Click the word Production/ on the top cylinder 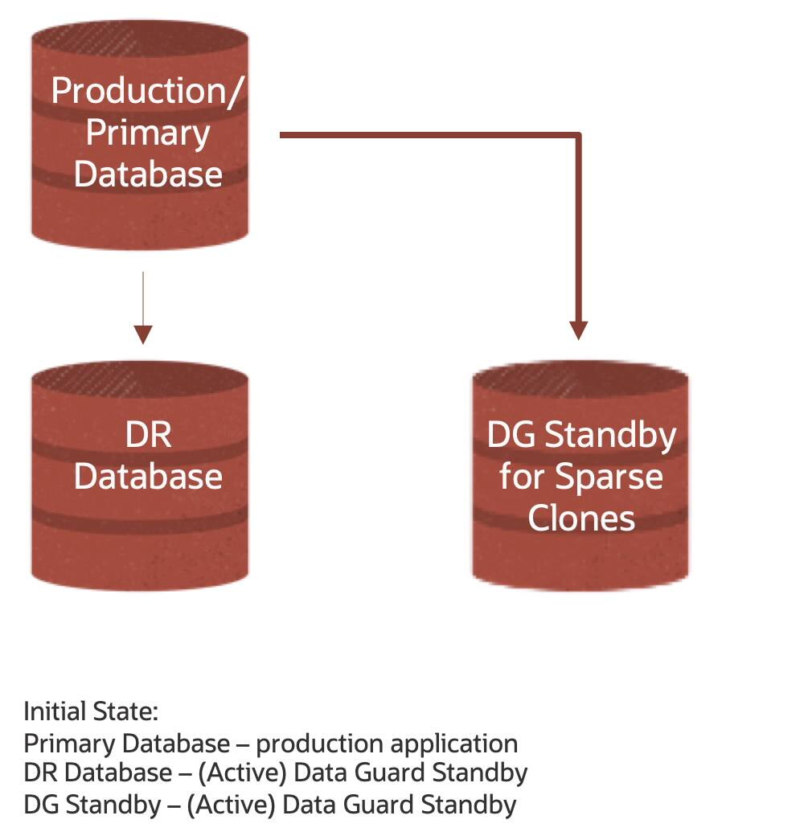point(146,91)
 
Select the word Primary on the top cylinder point(147,133)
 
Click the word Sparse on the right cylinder point(609,477)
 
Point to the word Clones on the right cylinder point(581,518)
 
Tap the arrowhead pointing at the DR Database point(143,334)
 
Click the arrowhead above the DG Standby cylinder point(578,330)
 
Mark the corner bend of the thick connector point(577,136)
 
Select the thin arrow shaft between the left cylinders point(143,297)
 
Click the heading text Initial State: point(91,711)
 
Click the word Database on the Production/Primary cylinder point(148,174)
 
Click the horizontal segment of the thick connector point(426,136)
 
